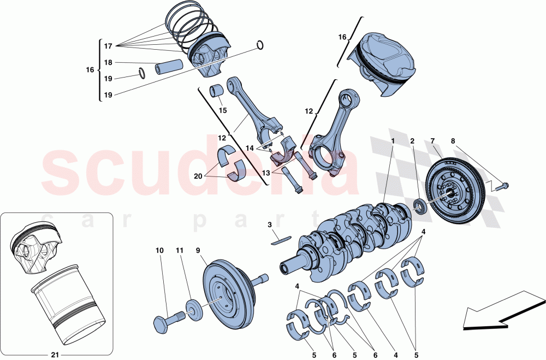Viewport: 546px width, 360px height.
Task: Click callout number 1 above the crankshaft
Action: pyautogui.click(x=392, y=141)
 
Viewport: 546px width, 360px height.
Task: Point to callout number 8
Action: pyautogui.click(x=453, y=141)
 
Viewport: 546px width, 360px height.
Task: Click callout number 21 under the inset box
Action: pyautogui.click(x=54, y=355)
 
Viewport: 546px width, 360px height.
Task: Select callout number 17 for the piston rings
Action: pyautogui.click(x=108, y=46)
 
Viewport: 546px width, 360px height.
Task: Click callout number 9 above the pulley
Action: pyautogui.click(x=198, y=250)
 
